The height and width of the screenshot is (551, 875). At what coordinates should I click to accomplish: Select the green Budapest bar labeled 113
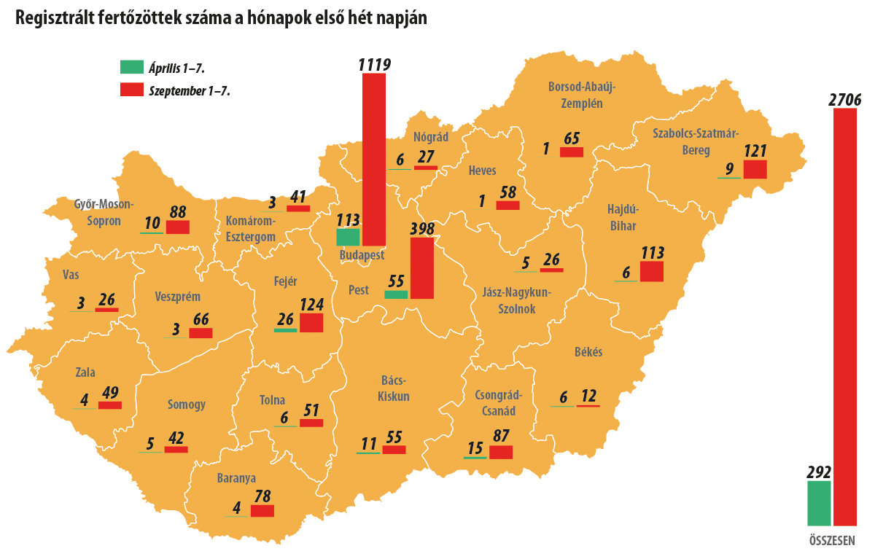tap(348, 237)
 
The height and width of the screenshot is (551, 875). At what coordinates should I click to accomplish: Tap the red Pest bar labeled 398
tap(422, 268)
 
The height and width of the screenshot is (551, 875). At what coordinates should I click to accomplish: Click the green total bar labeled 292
tap(819, 503)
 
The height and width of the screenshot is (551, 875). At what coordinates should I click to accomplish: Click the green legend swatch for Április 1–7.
tap(132, 67)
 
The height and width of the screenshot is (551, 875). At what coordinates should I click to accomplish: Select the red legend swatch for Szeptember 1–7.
tap(132, 90)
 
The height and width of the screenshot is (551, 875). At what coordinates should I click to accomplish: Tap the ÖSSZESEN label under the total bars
tap(832, 540)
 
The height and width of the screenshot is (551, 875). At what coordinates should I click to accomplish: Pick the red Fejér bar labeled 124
tap(311, 323)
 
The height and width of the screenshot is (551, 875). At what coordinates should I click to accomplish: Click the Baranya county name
tap(236, 479)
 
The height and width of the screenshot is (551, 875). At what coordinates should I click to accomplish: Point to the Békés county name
tap(588, 352)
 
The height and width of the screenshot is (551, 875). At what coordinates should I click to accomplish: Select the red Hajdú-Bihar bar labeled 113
tap(652, 271)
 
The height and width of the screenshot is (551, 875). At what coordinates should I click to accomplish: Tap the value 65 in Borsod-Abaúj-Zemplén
tap(572, 138)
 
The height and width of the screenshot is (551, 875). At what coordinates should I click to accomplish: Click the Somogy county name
tap(186, 405)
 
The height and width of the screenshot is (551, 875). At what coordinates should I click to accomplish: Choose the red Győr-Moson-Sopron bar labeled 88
tap(178, 227)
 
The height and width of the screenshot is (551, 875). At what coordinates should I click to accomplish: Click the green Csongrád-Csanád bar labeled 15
tap(475, 457)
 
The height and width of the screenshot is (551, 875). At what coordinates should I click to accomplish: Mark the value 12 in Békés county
tap(588, 396)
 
